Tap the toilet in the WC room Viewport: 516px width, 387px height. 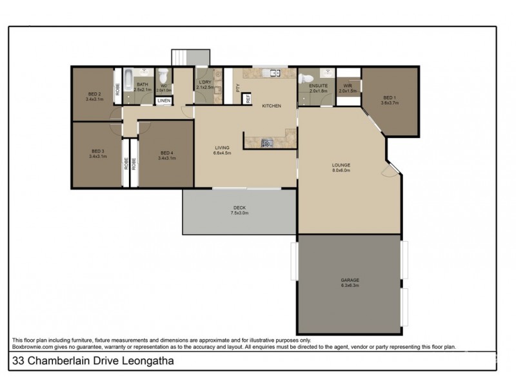pos(164,76)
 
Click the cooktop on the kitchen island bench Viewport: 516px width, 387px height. pos(266,143)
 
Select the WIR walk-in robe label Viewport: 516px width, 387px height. pos(348,85)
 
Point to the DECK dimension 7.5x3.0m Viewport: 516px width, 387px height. pos(239,212)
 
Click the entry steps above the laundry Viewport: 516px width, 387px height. pos(182,58)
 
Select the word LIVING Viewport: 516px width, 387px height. pos(222,148)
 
